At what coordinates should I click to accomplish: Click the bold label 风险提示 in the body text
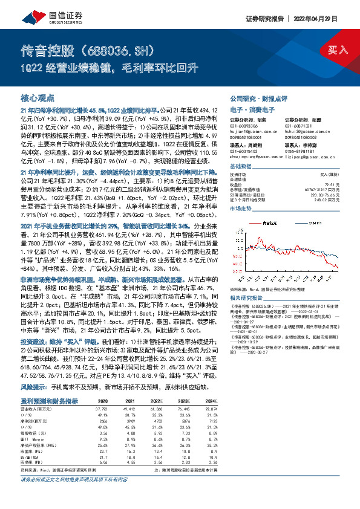coord(34,385)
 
